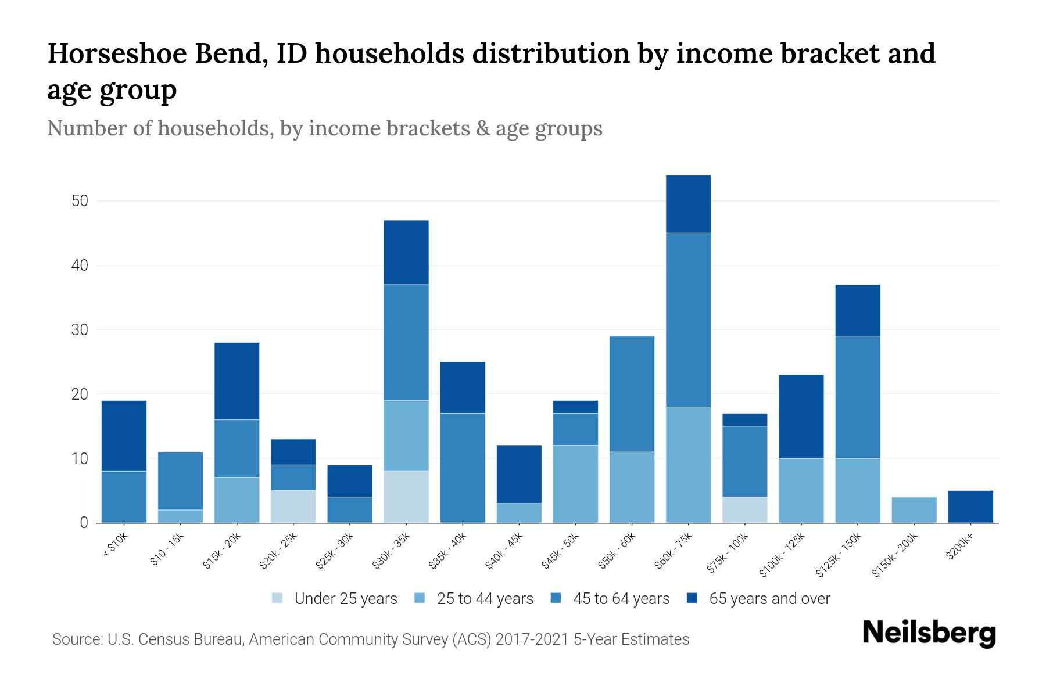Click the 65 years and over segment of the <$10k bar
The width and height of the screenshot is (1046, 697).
(124, 436)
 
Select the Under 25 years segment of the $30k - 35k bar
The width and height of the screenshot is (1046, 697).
(406, 497)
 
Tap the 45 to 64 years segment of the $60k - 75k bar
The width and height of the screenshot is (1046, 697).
(688, 319)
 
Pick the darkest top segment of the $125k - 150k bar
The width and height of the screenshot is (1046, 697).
(858, 310)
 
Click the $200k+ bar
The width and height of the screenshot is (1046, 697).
(970, 506)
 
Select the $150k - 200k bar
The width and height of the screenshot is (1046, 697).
(914, 510)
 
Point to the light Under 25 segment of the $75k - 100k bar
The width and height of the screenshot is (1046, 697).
(744, 509)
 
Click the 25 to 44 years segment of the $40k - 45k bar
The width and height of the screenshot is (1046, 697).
(519, 513)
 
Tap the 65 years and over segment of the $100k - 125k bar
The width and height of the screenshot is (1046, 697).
(801, 416)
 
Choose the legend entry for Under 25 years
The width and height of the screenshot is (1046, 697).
(335, 599)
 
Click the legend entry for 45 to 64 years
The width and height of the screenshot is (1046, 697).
(610, 599)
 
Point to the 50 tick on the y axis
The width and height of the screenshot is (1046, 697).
(80, 201)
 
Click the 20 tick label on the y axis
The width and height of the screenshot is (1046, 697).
(80, 394)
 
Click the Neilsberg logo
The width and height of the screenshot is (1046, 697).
(929, 633)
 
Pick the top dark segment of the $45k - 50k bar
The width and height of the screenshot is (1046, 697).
(575, 407)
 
